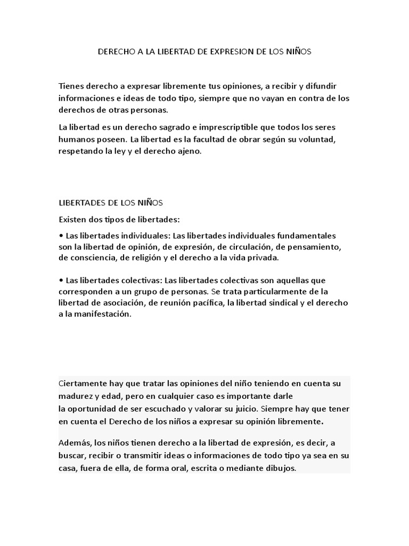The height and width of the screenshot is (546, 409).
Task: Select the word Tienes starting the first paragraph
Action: [72, 86]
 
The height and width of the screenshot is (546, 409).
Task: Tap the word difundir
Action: [319, 86]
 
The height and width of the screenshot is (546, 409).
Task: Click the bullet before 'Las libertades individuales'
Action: [61, 236]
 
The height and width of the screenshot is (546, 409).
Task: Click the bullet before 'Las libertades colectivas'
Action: [61, 280]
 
